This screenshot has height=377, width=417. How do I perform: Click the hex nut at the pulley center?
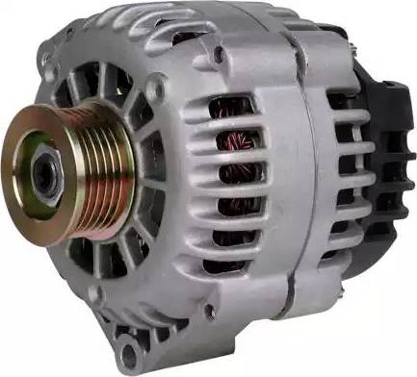pos(45,174)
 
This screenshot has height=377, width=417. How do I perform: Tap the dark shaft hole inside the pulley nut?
pos(43,174)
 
